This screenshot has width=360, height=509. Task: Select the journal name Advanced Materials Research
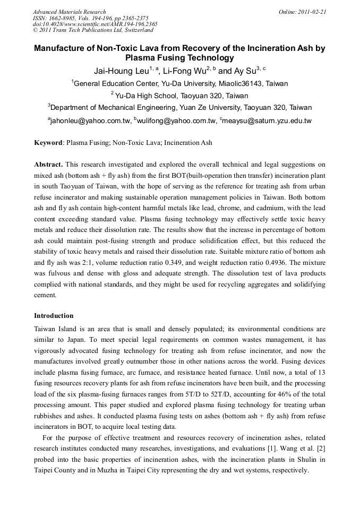69,12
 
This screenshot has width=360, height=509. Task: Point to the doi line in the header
95,24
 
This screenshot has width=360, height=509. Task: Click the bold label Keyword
48,143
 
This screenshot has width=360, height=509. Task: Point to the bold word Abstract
49,165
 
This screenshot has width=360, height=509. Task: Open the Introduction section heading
54,316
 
